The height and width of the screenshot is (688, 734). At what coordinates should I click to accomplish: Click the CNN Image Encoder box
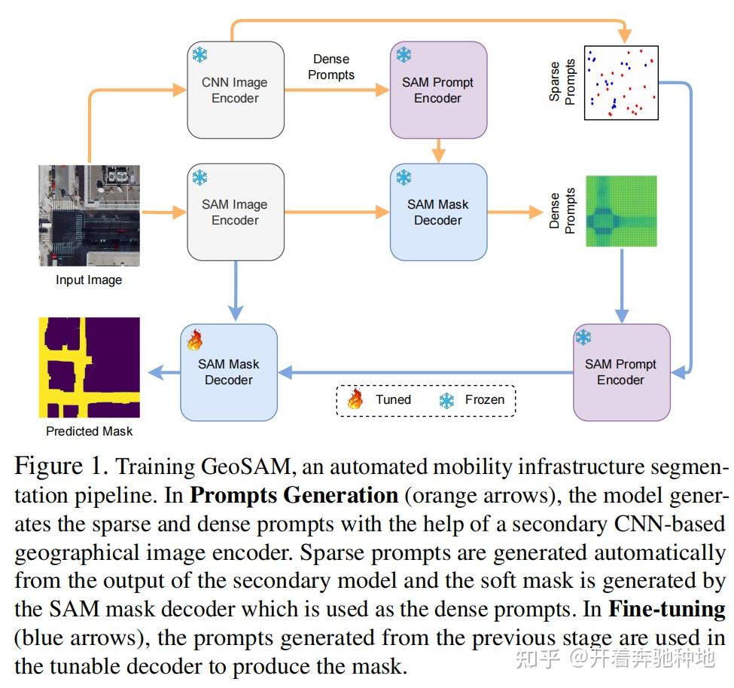[235, 90]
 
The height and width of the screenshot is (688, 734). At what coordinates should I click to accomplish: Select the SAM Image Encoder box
[235, 213]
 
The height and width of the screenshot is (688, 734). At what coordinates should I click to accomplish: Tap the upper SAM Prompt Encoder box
[437, 90]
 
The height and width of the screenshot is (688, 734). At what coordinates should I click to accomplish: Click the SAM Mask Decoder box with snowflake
[437, 213]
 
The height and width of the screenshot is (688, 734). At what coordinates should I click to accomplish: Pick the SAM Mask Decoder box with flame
[228, 372]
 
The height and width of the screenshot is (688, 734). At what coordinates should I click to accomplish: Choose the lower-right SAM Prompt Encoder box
[620, 372]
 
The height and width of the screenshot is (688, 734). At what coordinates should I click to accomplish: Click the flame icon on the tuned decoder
[195, 340]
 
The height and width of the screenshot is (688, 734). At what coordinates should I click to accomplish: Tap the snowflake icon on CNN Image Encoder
[200, 55]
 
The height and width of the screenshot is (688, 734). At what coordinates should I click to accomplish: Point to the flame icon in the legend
[355, 399]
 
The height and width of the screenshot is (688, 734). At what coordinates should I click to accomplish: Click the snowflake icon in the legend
[446, 400]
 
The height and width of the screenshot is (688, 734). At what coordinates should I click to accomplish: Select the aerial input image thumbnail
[89, 216]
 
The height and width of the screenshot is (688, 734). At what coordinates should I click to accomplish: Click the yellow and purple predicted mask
[89, 367]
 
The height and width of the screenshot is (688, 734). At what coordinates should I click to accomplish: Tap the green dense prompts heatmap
[621, 212]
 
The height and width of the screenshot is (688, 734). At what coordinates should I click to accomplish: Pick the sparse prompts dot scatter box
[621, 82]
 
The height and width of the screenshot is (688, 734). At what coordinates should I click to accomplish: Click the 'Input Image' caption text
[89, 280]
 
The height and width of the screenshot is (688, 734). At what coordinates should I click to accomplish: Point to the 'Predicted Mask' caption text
[89, 431]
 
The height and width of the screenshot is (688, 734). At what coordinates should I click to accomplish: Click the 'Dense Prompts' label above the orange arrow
[331, 66]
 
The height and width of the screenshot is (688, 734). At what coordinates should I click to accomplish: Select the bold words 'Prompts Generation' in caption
[294, 496]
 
